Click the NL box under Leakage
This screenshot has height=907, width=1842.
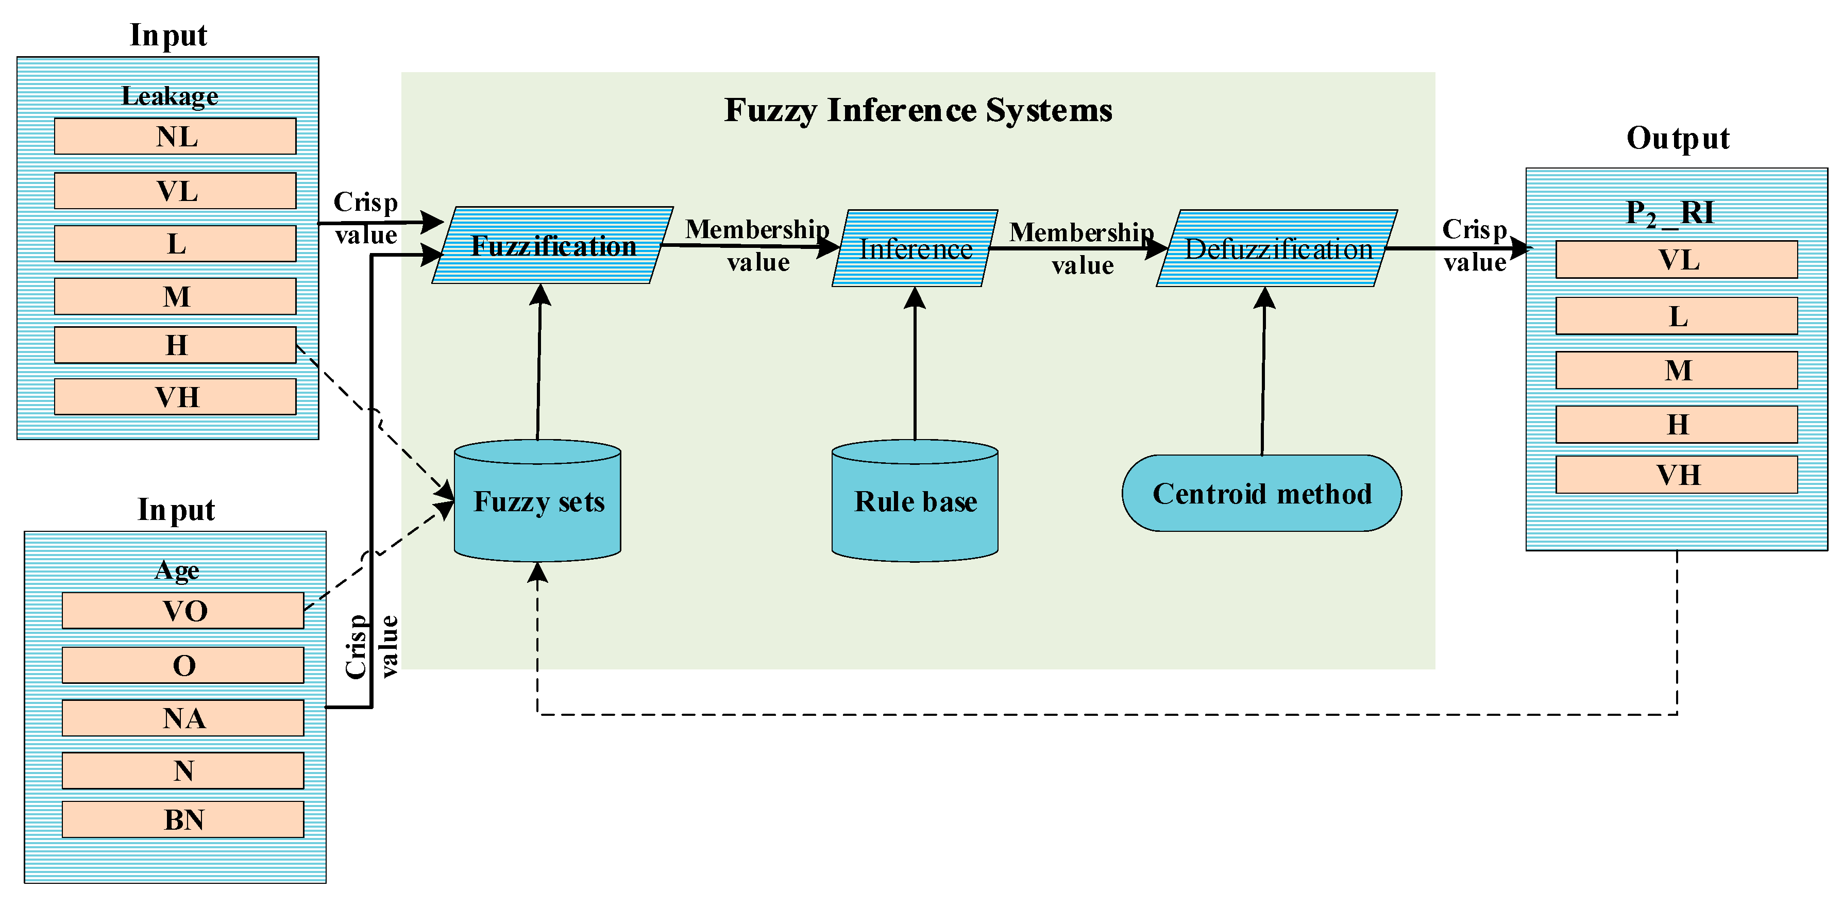(x=175, y=136)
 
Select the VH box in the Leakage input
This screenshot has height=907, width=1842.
(x=175, y=396)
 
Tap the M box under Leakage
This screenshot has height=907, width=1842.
(x=175, y=296)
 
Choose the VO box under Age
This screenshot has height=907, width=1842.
(x=183, y=610)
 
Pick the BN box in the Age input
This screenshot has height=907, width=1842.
(x=183, y=819)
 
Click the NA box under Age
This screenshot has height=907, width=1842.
(x=183, y=717)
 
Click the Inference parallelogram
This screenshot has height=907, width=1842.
(x=915, y=248)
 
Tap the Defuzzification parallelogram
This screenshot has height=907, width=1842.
(x=1278, y=248)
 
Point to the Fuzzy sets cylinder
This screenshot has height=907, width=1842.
(x=538, y=501)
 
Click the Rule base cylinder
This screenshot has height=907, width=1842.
(x=915, y=501)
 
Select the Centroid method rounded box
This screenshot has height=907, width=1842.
(x=1262, y=494)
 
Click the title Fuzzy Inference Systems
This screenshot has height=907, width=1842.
(x=918, y=110)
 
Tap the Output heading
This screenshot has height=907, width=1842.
(x=1678, y=138)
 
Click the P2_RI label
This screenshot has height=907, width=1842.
(x=1670, y=212)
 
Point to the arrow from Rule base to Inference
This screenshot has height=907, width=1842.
(x=915, y=365)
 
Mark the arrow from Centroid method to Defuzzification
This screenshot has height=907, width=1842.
(x=1263, y=372)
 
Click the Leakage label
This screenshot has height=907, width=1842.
(x=170, y=96)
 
